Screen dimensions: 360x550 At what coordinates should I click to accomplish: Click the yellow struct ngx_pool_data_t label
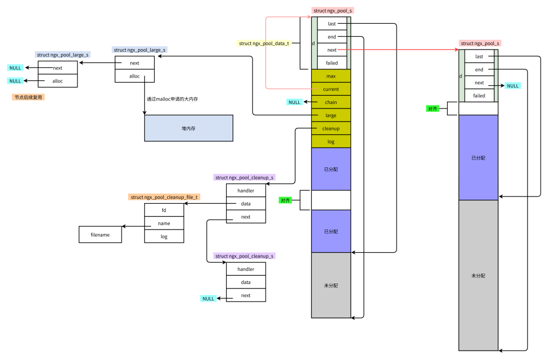pos(264,43)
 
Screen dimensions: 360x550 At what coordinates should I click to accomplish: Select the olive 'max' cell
pos(331,76)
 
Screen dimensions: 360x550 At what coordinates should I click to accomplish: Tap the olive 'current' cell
pos(331,89)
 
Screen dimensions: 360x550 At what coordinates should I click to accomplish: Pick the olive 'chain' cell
pos(331,102)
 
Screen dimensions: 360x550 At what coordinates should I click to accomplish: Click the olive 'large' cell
pos(331,116)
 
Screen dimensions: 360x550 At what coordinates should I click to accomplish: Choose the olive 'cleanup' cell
pos(331,129)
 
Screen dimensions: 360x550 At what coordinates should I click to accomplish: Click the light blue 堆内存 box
pos(189,128)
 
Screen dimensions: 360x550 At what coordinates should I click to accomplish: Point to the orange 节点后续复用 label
pos(28,97)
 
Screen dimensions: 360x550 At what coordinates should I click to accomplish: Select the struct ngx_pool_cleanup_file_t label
pos(164,197)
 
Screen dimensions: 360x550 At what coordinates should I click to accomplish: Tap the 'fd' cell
pos(164,210)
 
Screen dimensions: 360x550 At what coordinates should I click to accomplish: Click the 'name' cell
pos(164,223)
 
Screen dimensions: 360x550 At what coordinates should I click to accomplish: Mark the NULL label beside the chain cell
pos(295,102)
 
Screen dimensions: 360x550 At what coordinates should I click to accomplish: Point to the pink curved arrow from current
pos(266,52)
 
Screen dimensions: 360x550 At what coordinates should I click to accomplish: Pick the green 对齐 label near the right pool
pos(433,109)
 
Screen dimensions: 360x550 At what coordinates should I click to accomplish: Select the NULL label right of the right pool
pos(513,86)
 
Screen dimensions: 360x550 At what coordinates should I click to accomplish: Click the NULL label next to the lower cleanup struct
pos(208,298)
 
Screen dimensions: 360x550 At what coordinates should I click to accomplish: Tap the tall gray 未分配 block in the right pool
pos(479,275)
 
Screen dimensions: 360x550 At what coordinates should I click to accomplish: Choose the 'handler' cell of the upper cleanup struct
pos(246,191)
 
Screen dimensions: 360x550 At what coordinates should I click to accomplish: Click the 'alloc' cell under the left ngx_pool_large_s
pos(58,81)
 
